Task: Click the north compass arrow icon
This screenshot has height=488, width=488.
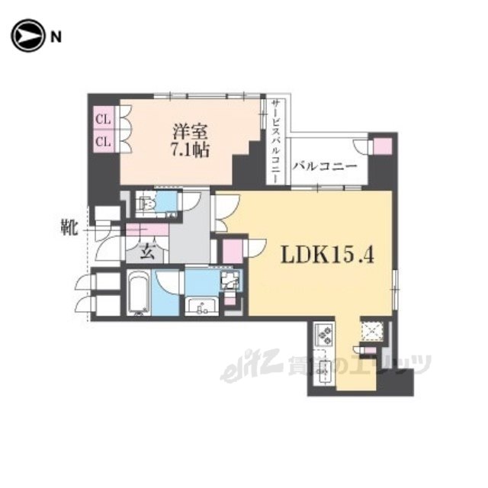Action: pos(27,36)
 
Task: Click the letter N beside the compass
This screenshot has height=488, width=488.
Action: pos(56,37)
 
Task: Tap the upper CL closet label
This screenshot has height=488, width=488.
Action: pos(103,120)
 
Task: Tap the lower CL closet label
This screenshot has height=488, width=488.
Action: pos(103,142)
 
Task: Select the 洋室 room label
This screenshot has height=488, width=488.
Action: pos(190,131)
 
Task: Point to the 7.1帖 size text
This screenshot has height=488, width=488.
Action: pos(189,149)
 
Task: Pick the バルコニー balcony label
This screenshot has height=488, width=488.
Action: pos(324,166)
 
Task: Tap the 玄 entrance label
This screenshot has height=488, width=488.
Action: pos(147,252)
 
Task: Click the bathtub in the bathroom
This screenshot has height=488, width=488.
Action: pos(139,292)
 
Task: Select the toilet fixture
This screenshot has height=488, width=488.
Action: pos(147,204)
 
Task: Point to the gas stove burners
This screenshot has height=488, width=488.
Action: pos(324,335)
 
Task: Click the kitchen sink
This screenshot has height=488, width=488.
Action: pos(324,371)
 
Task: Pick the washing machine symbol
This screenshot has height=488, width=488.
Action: pos(230,281)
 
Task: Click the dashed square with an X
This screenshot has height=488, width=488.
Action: pos(372,331)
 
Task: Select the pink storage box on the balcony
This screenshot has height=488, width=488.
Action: pos(383,146)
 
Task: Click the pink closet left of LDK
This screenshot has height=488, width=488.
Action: pos(233,252)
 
